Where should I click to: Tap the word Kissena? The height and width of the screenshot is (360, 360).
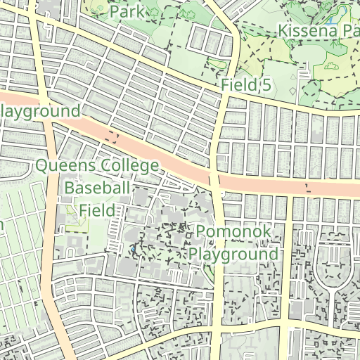coord(309,31)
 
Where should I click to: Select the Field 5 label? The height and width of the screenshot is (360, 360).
coord(246,85)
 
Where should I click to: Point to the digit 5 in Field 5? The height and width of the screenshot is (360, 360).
coord(266,85)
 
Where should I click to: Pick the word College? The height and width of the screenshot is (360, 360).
coord(130,166)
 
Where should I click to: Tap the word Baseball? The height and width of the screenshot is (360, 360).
coord(97,188)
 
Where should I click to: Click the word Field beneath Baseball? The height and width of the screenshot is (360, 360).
coord(96,210)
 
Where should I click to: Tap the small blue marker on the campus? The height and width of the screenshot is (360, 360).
coord(133,249)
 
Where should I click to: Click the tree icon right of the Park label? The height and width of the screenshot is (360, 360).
coord(153,11)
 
